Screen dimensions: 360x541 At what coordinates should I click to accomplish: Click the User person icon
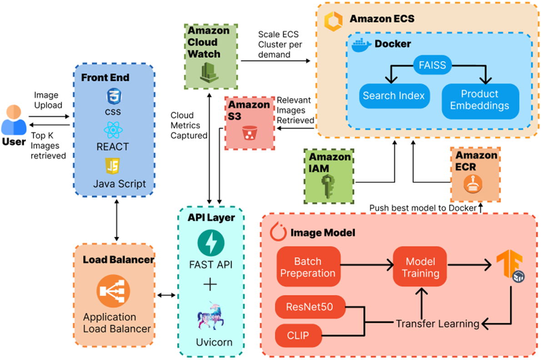tap(14, 120)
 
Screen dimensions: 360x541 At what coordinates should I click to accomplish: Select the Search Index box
tap(394, 96)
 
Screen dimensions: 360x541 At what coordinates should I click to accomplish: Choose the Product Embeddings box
tap(480, 100)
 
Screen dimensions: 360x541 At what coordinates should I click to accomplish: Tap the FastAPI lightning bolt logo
tap(211, 243)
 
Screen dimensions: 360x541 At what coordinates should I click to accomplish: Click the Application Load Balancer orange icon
tap(113, 291)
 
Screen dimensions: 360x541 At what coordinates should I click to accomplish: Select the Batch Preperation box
tap(308, 267)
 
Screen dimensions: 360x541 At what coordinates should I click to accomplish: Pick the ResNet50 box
tap(310, 307)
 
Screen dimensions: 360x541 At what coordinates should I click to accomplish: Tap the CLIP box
tap(298, 336)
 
